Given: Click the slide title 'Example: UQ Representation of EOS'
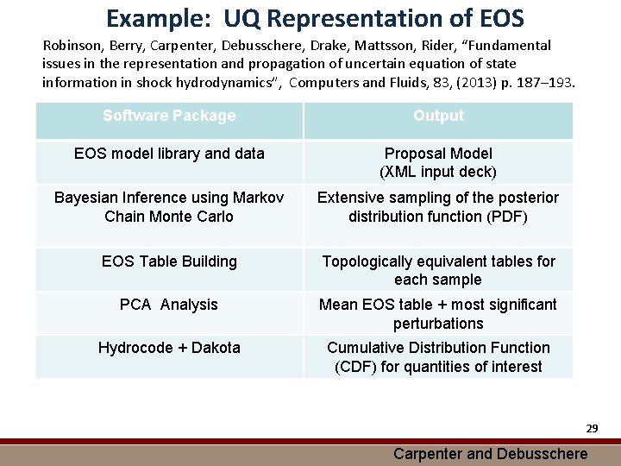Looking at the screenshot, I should [315, 17].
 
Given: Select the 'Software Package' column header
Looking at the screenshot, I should [169, 116].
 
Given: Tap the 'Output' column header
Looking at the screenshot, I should [438, 116].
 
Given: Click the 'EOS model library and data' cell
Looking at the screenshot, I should [169, 154].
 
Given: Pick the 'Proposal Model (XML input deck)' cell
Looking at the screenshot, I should [438, 162].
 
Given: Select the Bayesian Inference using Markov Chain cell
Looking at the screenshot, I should [169, 207].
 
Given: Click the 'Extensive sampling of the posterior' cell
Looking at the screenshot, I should [438, 207].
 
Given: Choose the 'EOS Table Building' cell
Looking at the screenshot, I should [169, 261].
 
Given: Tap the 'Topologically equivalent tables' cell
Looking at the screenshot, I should [438, 270].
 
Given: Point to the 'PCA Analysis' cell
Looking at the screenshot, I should [169, 305].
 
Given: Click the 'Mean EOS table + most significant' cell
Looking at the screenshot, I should [438, 313].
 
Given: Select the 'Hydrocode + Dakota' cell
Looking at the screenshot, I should [169, 348].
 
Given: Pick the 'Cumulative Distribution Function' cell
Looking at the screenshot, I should [438, 356].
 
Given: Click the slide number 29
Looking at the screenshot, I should [592, 428].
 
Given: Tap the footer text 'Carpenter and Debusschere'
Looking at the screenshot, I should [490, 454].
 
